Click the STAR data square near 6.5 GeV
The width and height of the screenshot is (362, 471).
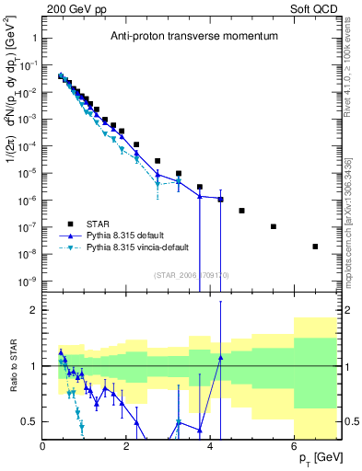pyautogui.click(x=315, y=247)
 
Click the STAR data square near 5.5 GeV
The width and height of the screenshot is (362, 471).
pyautogui.click(x=274, y=226)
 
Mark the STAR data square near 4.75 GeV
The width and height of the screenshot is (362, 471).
pyautogui.click(x=241, y=211)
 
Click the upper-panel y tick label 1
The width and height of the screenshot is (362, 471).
pyautogui.click(x=34, y=40)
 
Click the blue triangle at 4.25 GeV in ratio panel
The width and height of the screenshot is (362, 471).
pyautogui.click(x=221, y=357)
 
